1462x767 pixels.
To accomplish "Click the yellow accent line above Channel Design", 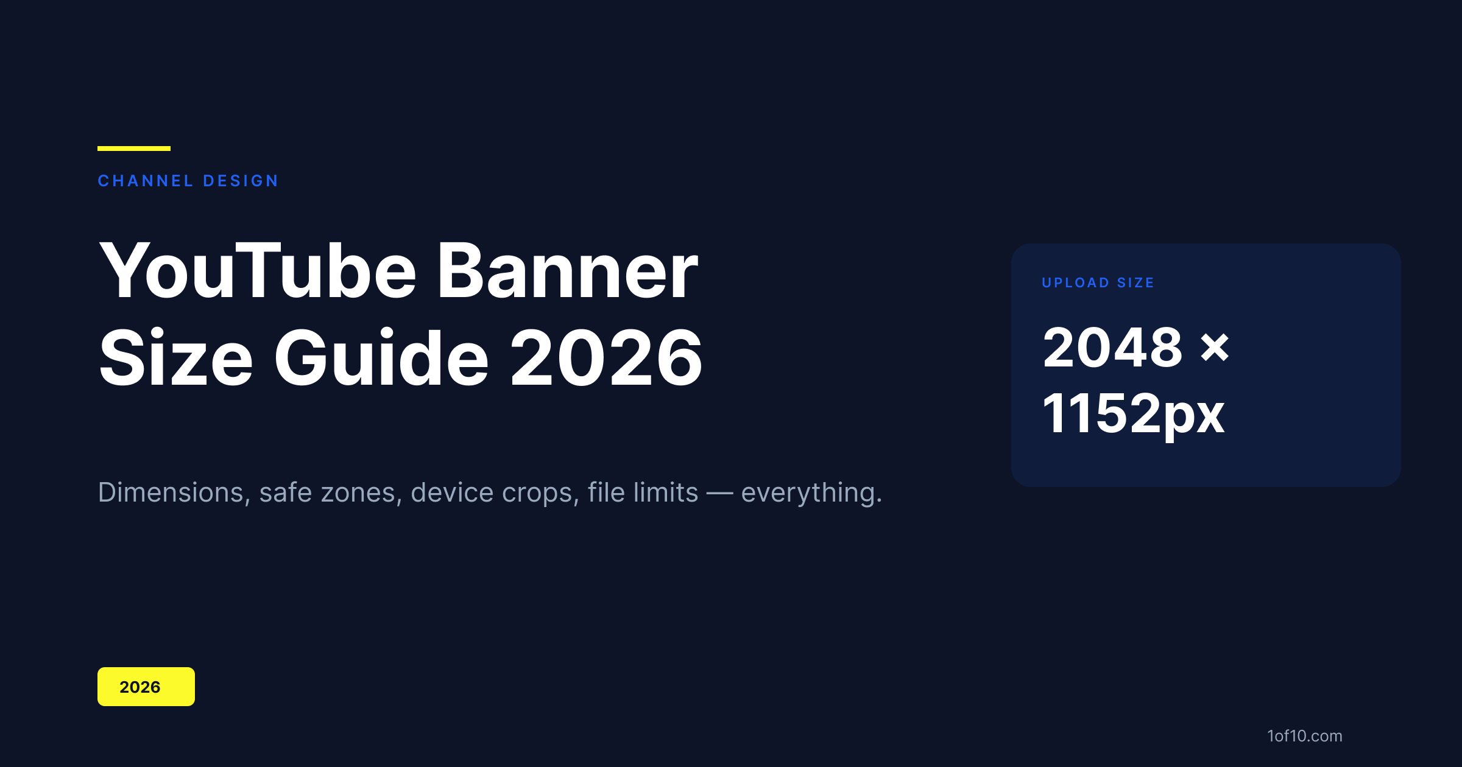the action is [134, 149].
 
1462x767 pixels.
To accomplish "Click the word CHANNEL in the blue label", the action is [146, 181].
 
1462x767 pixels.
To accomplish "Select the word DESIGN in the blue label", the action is [241, 181].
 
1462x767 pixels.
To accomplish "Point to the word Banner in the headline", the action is [567, 271].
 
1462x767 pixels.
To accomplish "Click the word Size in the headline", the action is [175, 358].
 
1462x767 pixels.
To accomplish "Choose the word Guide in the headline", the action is [381, 358].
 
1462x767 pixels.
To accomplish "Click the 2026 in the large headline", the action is [606, 358].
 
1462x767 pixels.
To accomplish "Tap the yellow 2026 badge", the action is [146, 687].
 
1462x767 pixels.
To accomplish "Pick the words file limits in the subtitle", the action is [643, 492].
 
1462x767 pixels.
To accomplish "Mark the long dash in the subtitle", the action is [719, 494].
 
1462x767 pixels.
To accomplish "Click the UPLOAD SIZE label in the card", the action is [1098, 282].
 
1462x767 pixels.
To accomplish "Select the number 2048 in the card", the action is [1113, 347].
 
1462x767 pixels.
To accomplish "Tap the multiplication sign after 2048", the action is [1215, 348].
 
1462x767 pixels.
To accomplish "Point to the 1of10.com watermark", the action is [1305, 736].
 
